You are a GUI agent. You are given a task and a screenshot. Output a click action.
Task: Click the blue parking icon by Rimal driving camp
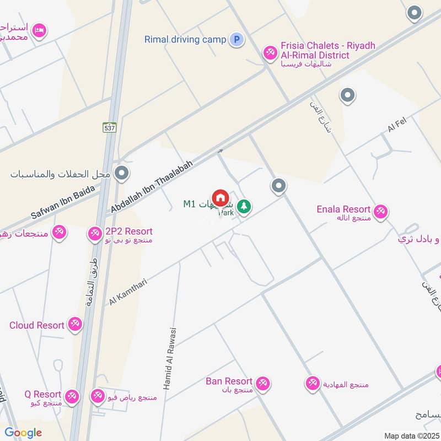[x=236, y=40]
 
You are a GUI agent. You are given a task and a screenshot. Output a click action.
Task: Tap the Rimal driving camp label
[x=185, y=40]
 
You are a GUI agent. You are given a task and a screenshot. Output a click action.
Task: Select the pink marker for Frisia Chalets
[x=270, y=53]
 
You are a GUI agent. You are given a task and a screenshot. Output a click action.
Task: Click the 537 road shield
[x=110, y=127]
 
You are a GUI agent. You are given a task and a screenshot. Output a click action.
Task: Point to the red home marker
[x=220, y=198]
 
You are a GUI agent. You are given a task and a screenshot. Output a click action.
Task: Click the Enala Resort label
[x=343, y=209]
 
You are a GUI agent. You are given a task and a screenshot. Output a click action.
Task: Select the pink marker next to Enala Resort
[x=380, y=211]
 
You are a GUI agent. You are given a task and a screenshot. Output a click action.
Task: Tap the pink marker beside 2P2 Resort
[x=95, y=234]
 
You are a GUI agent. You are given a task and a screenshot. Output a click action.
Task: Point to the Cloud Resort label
[x=37, y=325]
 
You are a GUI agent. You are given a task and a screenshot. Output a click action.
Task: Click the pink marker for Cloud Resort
[x=76, y=324]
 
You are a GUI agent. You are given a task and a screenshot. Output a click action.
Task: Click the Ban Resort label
[x=229, y=381]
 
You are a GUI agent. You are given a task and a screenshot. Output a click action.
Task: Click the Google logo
[x=24, y=433]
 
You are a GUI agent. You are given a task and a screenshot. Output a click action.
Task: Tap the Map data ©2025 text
[x=410, y=436]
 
